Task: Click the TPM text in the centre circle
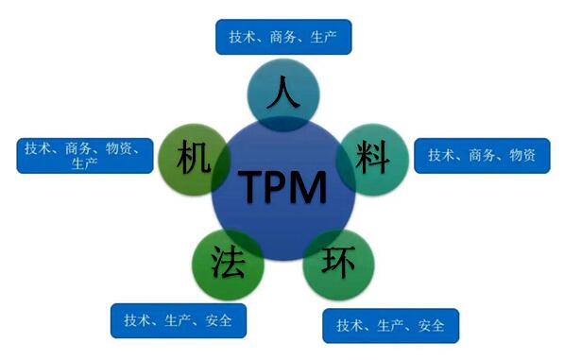[x=282, y=185]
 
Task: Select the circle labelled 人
[x=281, y=95]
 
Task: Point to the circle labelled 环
[x=337, y=260]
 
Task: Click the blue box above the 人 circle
[x=282, y=38]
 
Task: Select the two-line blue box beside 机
[x=85, y=155]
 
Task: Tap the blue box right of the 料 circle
[x=482, y=154]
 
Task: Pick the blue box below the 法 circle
[x=179, y=319]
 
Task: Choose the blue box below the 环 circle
[x=390, y=326]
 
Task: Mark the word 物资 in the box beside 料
[x=522, y=154]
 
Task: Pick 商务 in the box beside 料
[x=482, y=154]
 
